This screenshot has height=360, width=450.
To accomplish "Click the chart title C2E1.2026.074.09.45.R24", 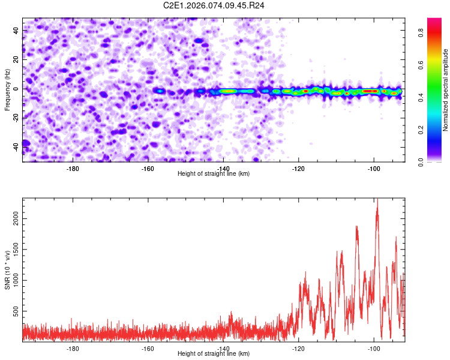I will point(214,5).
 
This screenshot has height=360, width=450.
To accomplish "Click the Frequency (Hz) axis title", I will point(7,89).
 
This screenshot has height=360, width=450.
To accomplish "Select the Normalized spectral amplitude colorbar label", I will point(446,90).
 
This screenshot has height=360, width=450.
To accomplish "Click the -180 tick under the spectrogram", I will point(73,168).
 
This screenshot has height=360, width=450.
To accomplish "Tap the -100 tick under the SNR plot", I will point(374,348).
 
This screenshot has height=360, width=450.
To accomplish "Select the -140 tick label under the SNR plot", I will point(223,348).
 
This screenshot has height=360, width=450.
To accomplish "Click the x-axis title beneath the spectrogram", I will point(214,173).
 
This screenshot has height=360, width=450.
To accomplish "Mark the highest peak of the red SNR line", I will point(377,201).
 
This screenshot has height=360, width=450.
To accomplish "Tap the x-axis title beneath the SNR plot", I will point(214,354).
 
